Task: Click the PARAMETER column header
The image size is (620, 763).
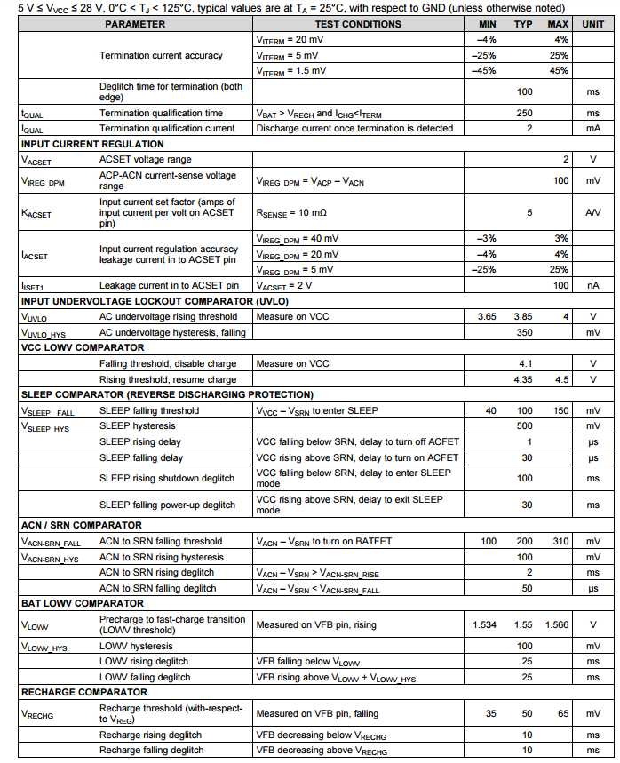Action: coord(135,24)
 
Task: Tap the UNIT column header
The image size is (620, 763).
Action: coord(592,24)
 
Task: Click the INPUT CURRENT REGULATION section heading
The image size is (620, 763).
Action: coord(92,144)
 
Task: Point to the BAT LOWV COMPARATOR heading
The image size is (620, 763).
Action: coord(82,604)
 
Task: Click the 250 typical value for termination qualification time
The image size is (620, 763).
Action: coord(524,114)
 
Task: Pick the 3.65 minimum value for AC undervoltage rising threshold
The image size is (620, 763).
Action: coord(487,317)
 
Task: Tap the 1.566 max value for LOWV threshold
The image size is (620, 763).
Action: coord(556,625)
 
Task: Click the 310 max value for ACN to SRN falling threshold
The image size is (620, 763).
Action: coord(559,542)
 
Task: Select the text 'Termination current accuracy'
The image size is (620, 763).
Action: coord(161,55)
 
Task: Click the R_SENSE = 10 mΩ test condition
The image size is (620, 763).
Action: coord(291,214)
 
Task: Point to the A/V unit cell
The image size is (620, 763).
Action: coord(592,214)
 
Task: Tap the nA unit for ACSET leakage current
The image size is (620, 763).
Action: coord(592,285)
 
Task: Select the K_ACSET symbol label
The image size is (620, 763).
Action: coord(36,214)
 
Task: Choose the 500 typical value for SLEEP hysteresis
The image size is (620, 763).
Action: coord(524,426)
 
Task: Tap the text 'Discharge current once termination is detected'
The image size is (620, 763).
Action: coord(354,129)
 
